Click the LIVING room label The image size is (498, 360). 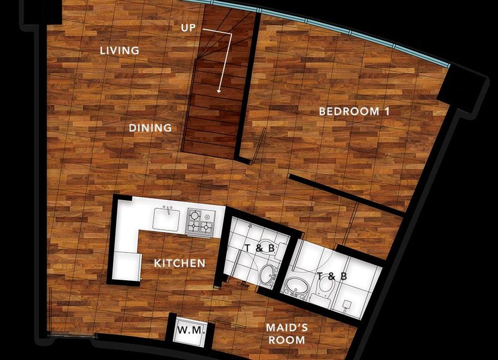pos(120,50)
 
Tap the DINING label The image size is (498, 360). pos(150,128)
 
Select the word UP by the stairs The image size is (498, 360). pos(188,28)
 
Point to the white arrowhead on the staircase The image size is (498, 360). pos(219,91)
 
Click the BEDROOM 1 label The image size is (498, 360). pos(354,111)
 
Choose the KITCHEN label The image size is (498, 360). pos(180,263)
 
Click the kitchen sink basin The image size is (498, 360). pos(166,219)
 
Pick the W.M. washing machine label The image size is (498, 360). pos(190,330)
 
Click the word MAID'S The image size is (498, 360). pos(287,327)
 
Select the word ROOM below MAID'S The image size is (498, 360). pos(287,340)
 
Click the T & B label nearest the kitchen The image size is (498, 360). pos(260,248)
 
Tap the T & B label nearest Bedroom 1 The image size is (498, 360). pos(332,276)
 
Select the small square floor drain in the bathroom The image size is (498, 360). pos(347,304)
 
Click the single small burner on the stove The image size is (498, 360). pos(207,217)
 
